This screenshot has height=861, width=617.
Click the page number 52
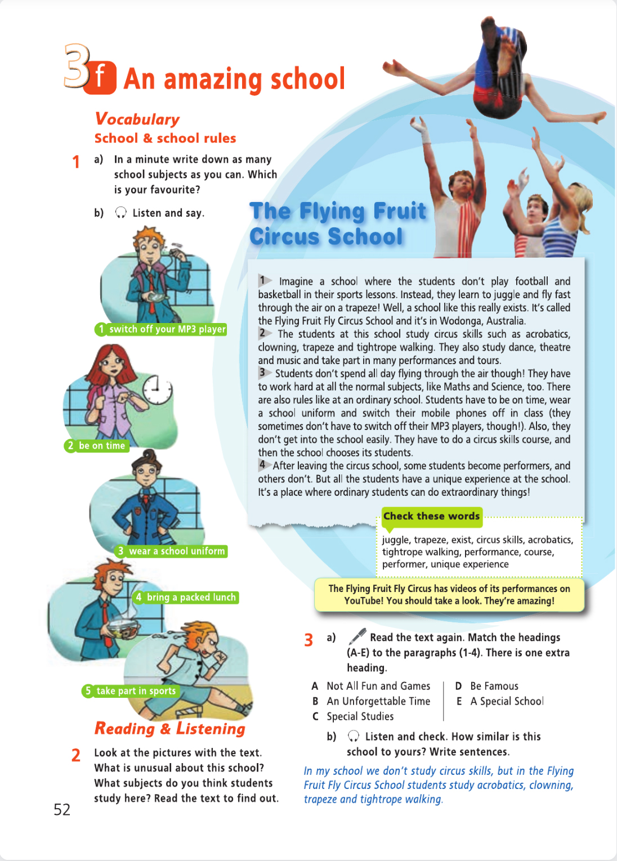62,809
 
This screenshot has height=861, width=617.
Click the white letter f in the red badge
100,77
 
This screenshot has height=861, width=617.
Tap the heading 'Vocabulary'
137,119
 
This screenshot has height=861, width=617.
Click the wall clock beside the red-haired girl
157,389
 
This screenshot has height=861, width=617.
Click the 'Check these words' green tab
432,516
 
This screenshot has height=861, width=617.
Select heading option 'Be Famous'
494,686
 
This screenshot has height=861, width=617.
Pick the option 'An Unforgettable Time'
378,701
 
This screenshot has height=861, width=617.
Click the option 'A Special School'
507,701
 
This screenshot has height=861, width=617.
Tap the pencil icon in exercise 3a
357,636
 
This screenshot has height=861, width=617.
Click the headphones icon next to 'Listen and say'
120,213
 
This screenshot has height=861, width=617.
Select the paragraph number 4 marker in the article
262,465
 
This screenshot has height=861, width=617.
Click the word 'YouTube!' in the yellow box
364,601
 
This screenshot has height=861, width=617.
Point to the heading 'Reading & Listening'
170,729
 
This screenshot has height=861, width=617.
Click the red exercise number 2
76,755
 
